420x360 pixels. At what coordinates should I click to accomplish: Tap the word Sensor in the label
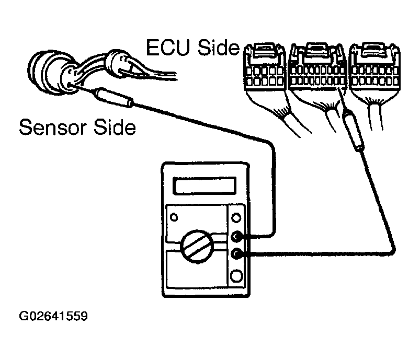[51, 127]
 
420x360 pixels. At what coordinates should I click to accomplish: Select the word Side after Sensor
[113, 127]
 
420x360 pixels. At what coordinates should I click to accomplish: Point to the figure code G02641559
[53, 317]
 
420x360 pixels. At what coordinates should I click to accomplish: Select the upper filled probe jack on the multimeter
[238, 238]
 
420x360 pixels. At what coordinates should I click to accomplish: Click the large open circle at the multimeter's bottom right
[237, 276]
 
